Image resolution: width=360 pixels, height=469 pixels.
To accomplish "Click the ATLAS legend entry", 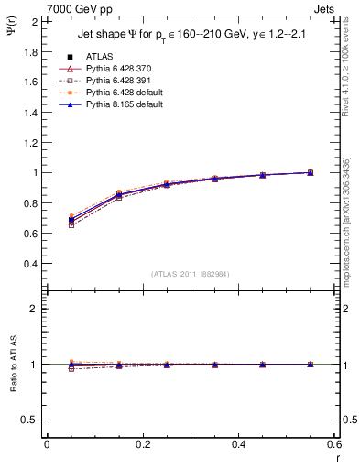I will click(x=99, y=57).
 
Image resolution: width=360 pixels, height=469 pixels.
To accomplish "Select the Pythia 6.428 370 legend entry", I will click(x=118, y=69).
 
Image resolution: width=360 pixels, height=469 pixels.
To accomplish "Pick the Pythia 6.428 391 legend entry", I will click(x=118, y=81).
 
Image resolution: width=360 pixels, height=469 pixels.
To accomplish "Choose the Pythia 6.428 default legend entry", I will click(x=122, y=93).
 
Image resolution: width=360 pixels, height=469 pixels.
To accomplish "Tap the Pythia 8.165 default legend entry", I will click(x=122, y=105).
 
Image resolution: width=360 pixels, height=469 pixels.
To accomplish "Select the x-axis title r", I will click(x=336, y=459).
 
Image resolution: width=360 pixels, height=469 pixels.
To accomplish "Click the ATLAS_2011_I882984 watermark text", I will click(x=191, y=274).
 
